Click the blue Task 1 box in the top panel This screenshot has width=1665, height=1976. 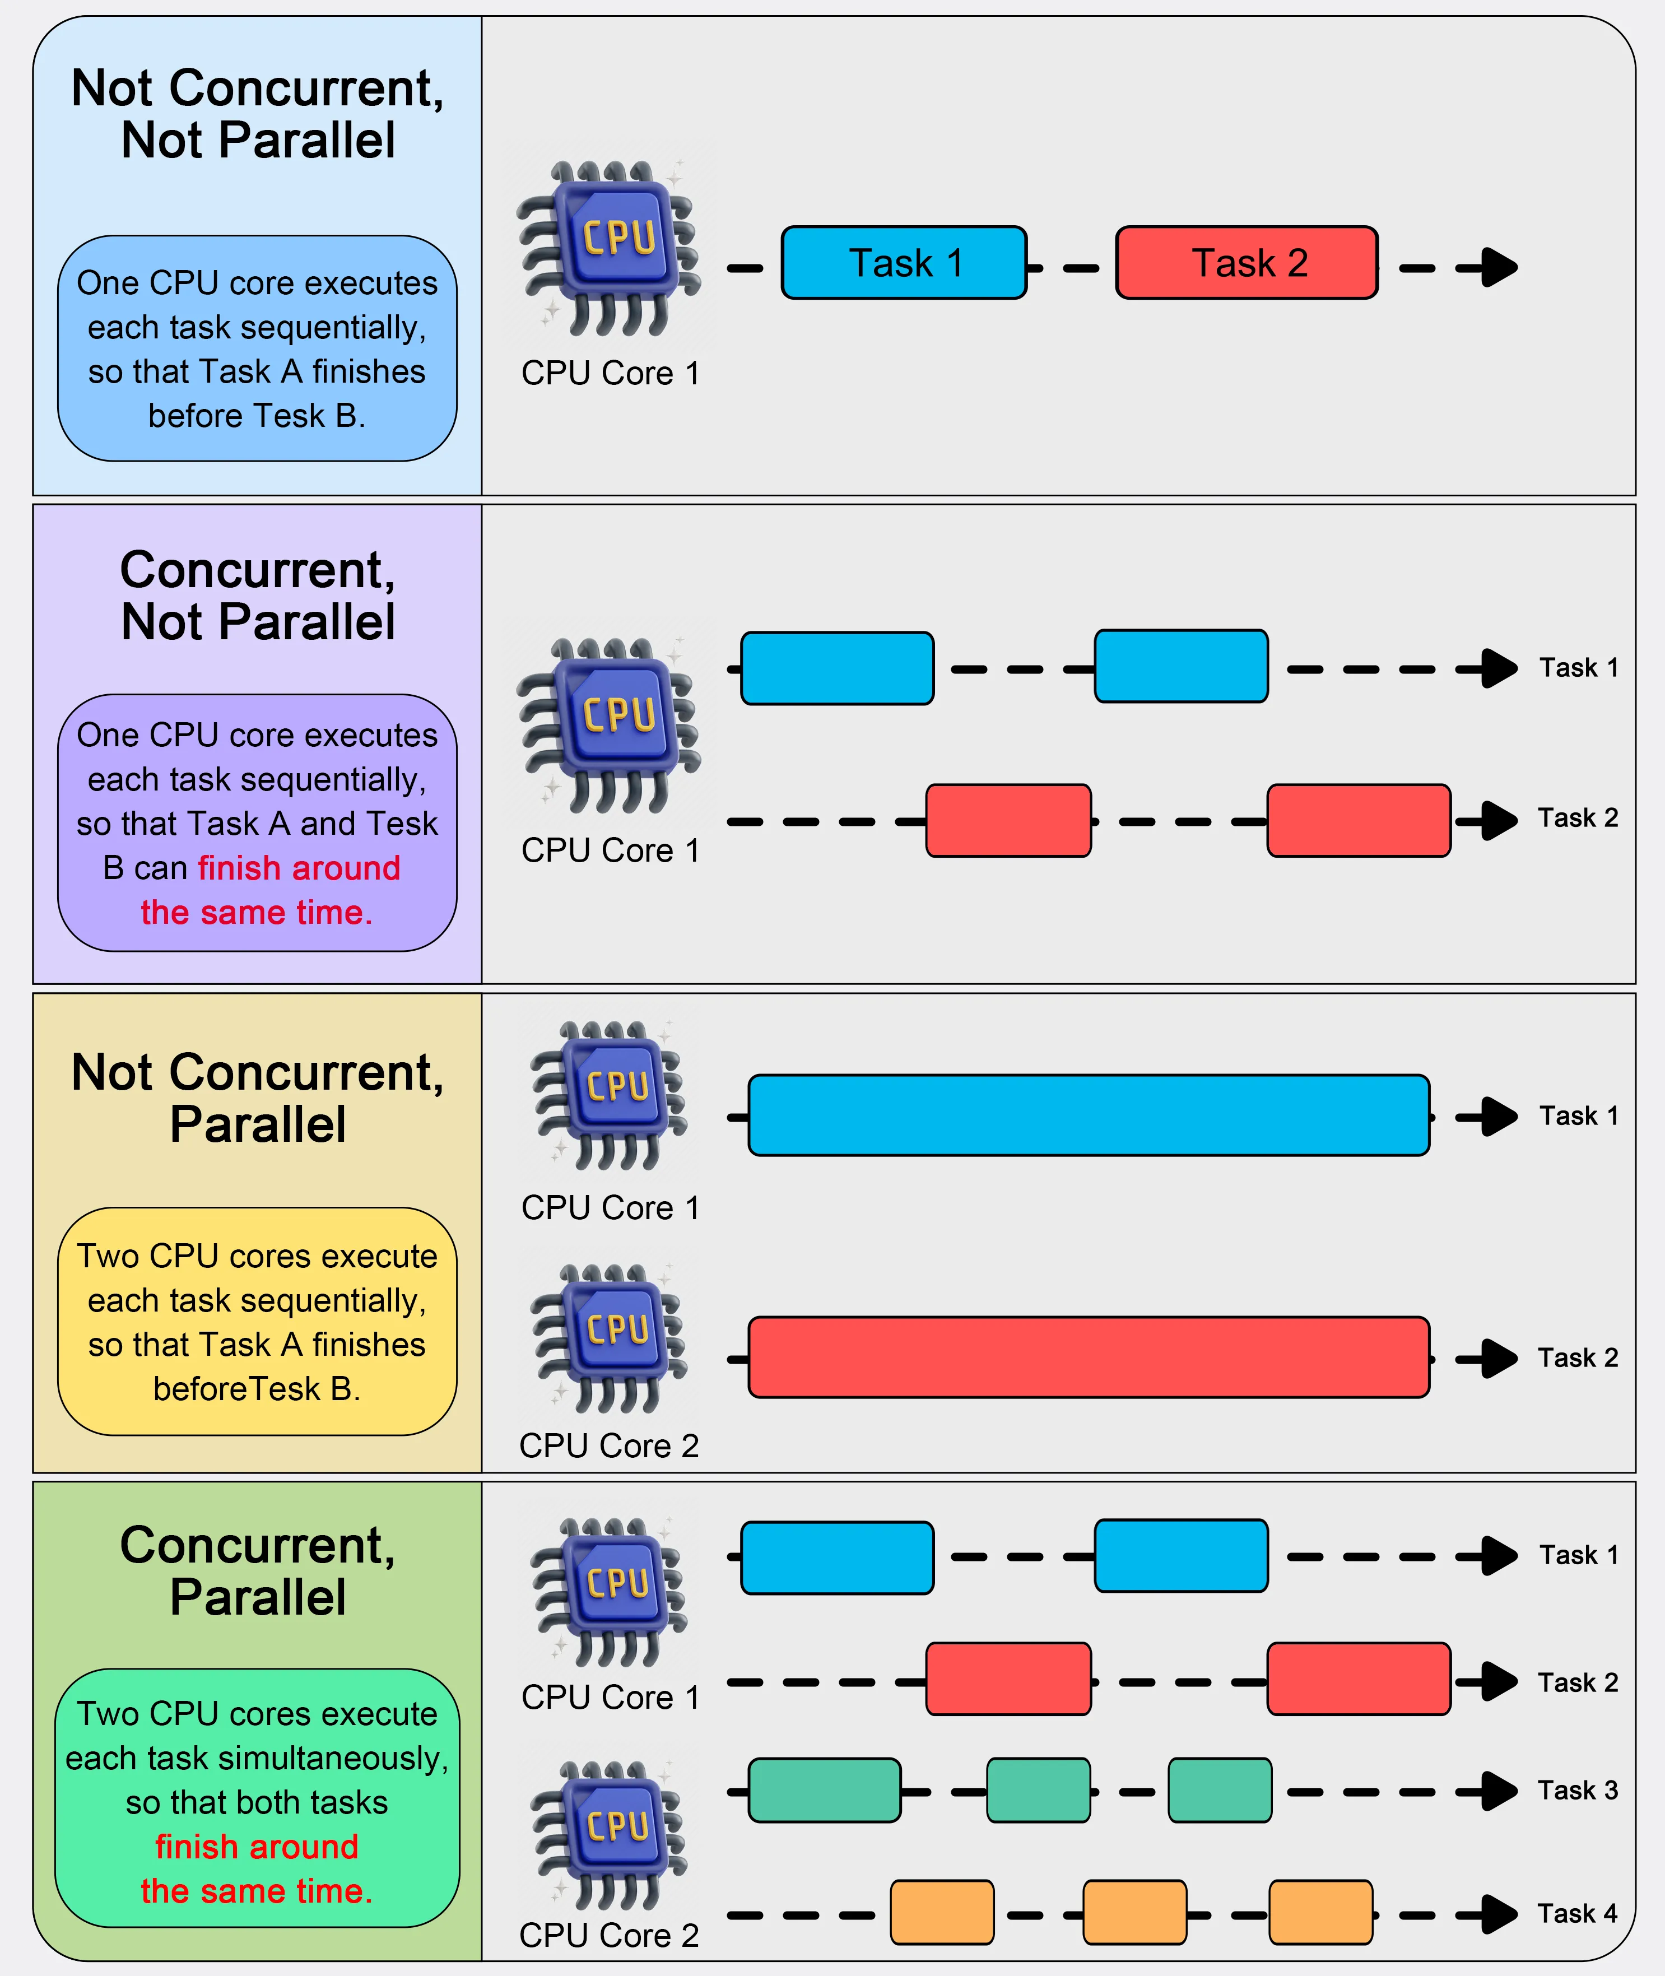coord(903,262)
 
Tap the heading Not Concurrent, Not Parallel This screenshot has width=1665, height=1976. coord(258,113)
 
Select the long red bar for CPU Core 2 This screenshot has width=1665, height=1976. coord(1089,1357)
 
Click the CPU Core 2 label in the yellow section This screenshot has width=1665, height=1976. coord(609,1445)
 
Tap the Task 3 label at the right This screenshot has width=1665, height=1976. coord(1577,1790)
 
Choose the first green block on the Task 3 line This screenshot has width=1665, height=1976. coord(824,1790)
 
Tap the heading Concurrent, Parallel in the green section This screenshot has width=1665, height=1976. coord(258,1570)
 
